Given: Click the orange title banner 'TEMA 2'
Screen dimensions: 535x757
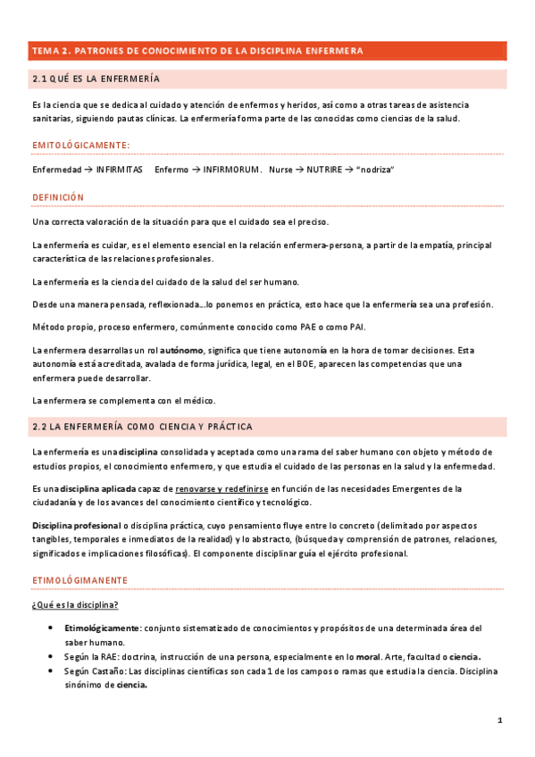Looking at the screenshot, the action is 196,51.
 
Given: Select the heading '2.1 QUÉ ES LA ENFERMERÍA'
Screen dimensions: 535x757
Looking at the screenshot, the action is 96,79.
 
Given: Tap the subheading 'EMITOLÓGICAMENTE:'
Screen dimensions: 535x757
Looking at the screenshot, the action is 80,145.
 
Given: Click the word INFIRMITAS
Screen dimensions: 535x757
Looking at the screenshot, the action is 119,169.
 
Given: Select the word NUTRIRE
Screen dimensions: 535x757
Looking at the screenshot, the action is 323,169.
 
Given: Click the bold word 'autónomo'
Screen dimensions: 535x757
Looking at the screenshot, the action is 181,351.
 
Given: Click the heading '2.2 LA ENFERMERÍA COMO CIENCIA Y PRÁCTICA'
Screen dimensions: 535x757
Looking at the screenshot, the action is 142,427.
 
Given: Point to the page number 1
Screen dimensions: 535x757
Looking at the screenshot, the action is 500,720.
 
